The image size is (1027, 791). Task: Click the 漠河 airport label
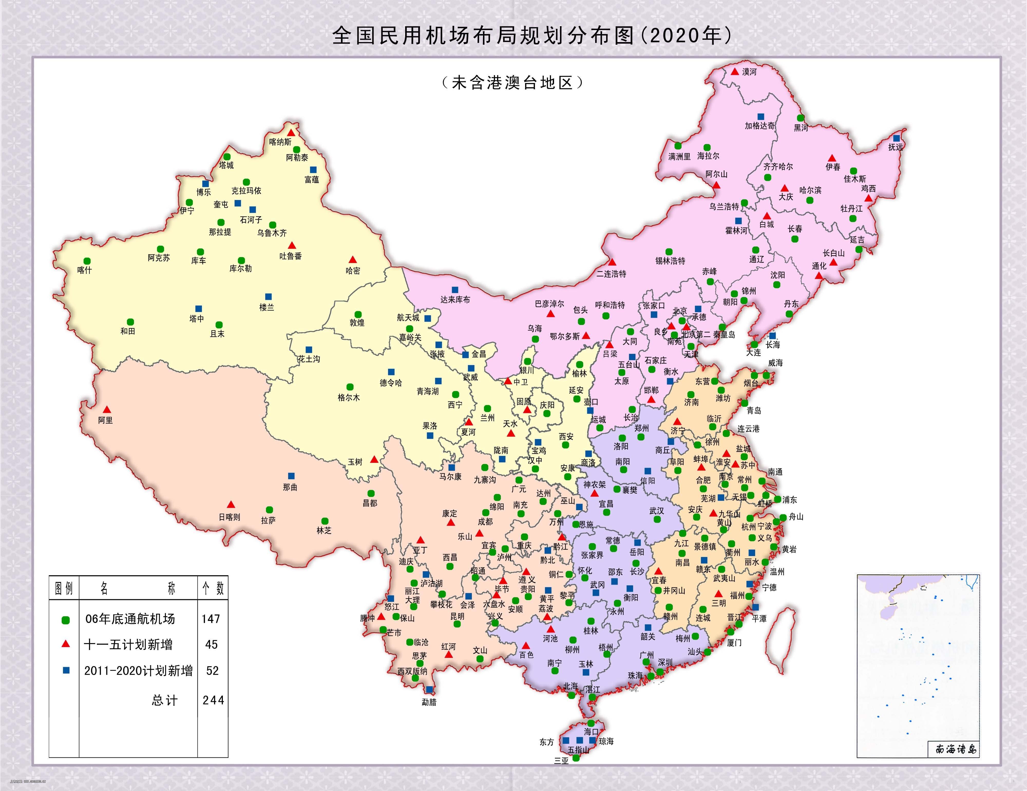click(x=749, y=72)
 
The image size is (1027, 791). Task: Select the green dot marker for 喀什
click(x=87, y=261)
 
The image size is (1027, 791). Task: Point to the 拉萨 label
click(x=269, y=520)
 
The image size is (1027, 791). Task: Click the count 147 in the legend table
click(x=211, y=619)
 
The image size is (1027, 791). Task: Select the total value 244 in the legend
click(x=213, y=700)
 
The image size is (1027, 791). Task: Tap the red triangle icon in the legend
click(x=66, y=644)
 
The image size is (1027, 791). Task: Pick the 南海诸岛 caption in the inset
click(x=956, y=749)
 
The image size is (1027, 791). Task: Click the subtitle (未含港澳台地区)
click(x=512, y=83)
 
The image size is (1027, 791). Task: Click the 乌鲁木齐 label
click(x=272, y=233)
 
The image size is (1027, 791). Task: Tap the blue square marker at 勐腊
click(x=429, y=689)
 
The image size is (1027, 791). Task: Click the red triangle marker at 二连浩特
click(x=612, y=262)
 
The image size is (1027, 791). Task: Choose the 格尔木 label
click(x=348, y=398)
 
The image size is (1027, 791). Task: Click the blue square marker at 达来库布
click(x=455, y=289)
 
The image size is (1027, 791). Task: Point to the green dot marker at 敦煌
click(x=358, y=315)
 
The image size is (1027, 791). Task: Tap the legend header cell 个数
click(x=213, y=588)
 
